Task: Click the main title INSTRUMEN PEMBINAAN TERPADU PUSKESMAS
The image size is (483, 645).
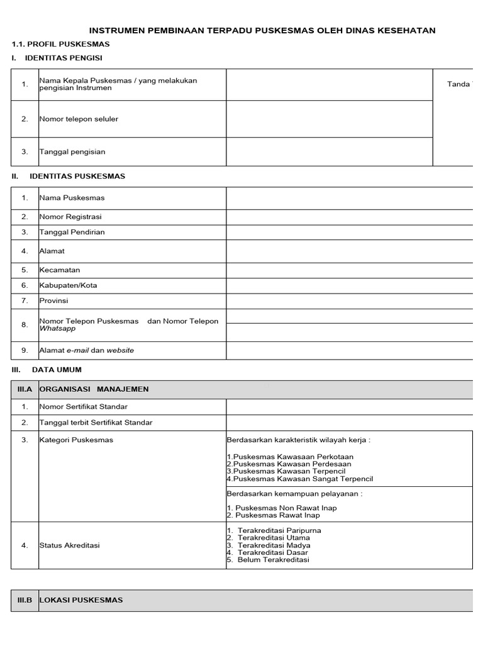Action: [262, 30]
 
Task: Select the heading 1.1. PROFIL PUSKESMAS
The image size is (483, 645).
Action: [61, 44]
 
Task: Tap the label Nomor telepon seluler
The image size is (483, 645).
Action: [79, 119]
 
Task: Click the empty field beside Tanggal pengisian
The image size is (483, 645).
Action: [329, 152]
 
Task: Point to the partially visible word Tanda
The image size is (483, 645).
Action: [458, 84]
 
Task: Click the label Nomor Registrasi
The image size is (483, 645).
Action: [70, 217]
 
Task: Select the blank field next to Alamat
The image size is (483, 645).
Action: [349, 251]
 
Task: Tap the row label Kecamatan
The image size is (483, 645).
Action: [60, 270]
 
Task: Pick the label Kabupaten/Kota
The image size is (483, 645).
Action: [68, 285]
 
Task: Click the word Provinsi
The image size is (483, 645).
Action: [53, 301]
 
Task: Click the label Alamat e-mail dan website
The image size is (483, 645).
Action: [87, 350]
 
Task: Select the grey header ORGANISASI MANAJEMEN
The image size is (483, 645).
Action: [94, 389]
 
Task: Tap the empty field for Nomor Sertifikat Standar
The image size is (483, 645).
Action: [349, 407]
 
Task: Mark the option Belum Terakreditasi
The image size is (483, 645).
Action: [273, 559]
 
